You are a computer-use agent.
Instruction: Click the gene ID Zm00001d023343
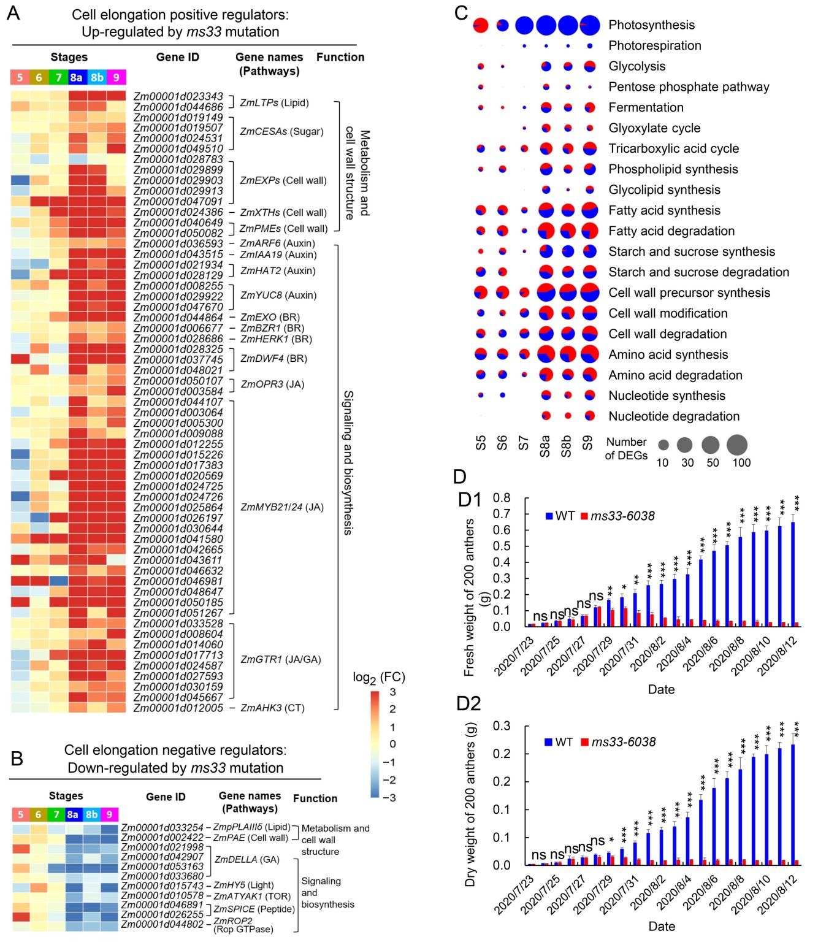[x=178, y=96]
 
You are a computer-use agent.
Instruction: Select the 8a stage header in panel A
[x=77, y=77]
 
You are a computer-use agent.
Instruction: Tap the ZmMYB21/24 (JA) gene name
[x=281, y=507]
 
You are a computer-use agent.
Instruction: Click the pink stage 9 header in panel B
[x=109, y=814]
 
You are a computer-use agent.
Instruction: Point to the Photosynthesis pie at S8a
[x=546, y=26]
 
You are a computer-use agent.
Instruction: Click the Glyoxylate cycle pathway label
[x=654, y=128]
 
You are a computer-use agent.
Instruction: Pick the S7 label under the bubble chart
[x=524, y=443]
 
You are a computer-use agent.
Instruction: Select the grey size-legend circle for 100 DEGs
[x=737, y=445]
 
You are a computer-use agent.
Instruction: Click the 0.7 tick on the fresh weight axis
[x=502, y=513]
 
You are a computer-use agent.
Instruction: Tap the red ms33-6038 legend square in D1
[x=584, y=516]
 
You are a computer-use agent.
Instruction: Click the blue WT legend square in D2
[x=549, y=742]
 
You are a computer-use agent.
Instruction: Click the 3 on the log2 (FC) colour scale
[x=392, y=692]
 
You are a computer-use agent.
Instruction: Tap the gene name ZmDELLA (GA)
[x=247, y=859]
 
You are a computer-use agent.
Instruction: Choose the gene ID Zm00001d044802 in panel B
[x=162, y=924]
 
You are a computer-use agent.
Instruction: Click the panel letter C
[x=461, y=13]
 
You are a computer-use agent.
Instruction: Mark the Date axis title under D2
[x=662, y=926]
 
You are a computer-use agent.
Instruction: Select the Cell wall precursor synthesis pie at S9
[x=589, y=293]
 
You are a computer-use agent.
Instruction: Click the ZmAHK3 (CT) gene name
[x=272, y=708]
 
